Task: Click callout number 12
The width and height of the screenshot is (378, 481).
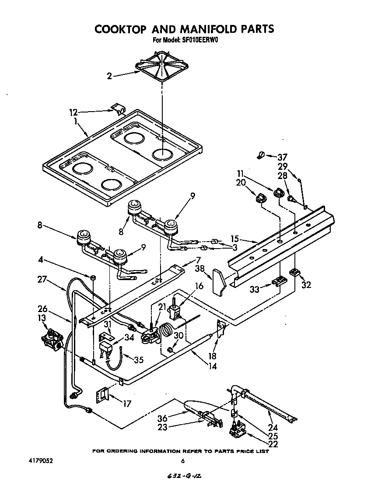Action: coord(74,112)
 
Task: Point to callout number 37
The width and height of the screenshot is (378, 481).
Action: coord(283,157)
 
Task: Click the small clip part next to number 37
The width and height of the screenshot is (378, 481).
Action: coord(260,154)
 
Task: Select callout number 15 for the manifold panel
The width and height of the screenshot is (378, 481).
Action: coord(235,239)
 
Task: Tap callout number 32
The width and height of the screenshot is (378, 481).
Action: coord(306,285)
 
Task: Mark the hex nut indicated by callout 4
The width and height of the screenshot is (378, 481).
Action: coord(93,277)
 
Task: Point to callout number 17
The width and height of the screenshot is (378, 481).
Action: coord(126,404)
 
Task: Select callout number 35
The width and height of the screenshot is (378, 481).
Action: coord(138,360)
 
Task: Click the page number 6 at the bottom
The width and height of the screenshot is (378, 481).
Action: coord(182,461)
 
